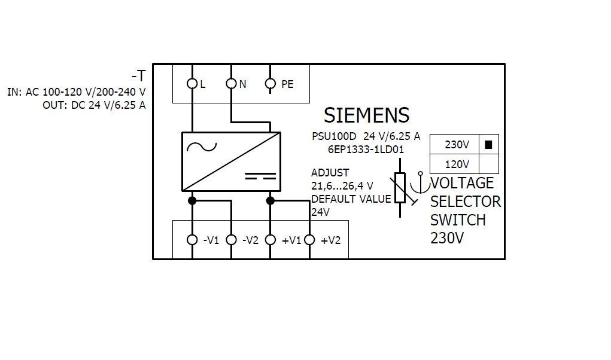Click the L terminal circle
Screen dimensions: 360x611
(x=192, y=84)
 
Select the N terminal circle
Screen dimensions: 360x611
(x=231, y=84)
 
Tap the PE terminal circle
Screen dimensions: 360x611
(x=270, y=84)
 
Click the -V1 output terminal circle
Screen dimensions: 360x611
(x=192, y=240)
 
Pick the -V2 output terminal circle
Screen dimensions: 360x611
(x=231, y=240)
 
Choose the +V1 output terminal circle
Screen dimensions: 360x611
(x=270, y=240)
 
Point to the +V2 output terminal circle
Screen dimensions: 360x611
(x=309, y=240)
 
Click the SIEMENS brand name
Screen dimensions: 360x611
(x=366, y=115)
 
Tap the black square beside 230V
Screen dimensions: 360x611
(x=488, y=144)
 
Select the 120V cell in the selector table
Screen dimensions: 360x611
(x=457, y=164)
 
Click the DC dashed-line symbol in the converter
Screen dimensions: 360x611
(x=260, y=176)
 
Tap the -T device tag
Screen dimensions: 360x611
(x=138, y=76)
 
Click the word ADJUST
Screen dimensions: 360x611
(x=330, y=173)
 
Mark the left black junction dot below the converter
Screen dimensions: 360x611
(x=192, y=200)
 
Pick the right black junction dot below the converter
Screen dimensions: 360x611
(x=270, y=200)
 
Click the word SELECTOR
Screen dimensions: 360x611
(x=465, y=201)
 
